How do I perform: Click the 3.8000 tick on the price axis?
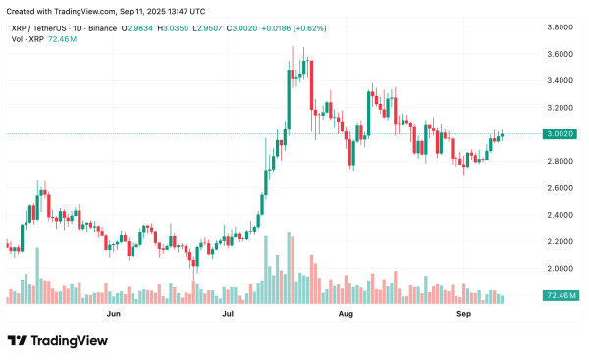pos(562,27)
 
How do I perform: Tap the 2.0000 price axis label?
pos(562,268)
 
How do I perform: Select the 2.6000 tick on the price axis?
pos(562,187)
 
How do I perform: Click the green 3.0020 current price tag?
pos(562,134)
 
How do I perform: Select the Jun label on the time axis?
pos(113,315)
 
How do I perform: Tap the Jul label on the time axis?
pos(229,315)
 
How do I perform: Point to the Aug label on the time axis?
pos(345,315)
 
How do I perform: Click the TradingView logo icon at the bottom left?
pos(17,341)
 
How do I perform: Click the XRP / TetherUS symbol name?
pos(36,28)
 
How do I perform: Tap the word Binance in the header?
pos(99,28)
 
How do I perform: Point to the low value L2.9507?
pos(205,28)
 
